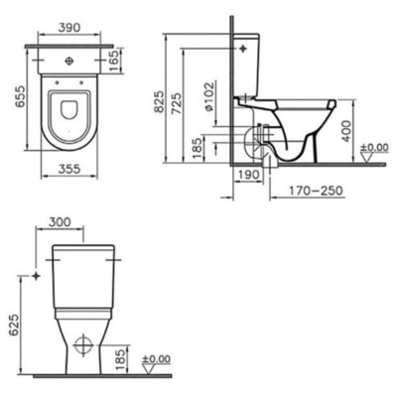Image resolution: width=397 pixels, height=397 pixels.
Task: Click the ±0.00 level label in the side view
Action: pyautogui.click(x=374, y=150)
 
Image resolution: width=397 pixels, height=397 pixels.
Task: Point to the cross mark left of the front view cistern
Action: pyautogui.click(x=36, y=275)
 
